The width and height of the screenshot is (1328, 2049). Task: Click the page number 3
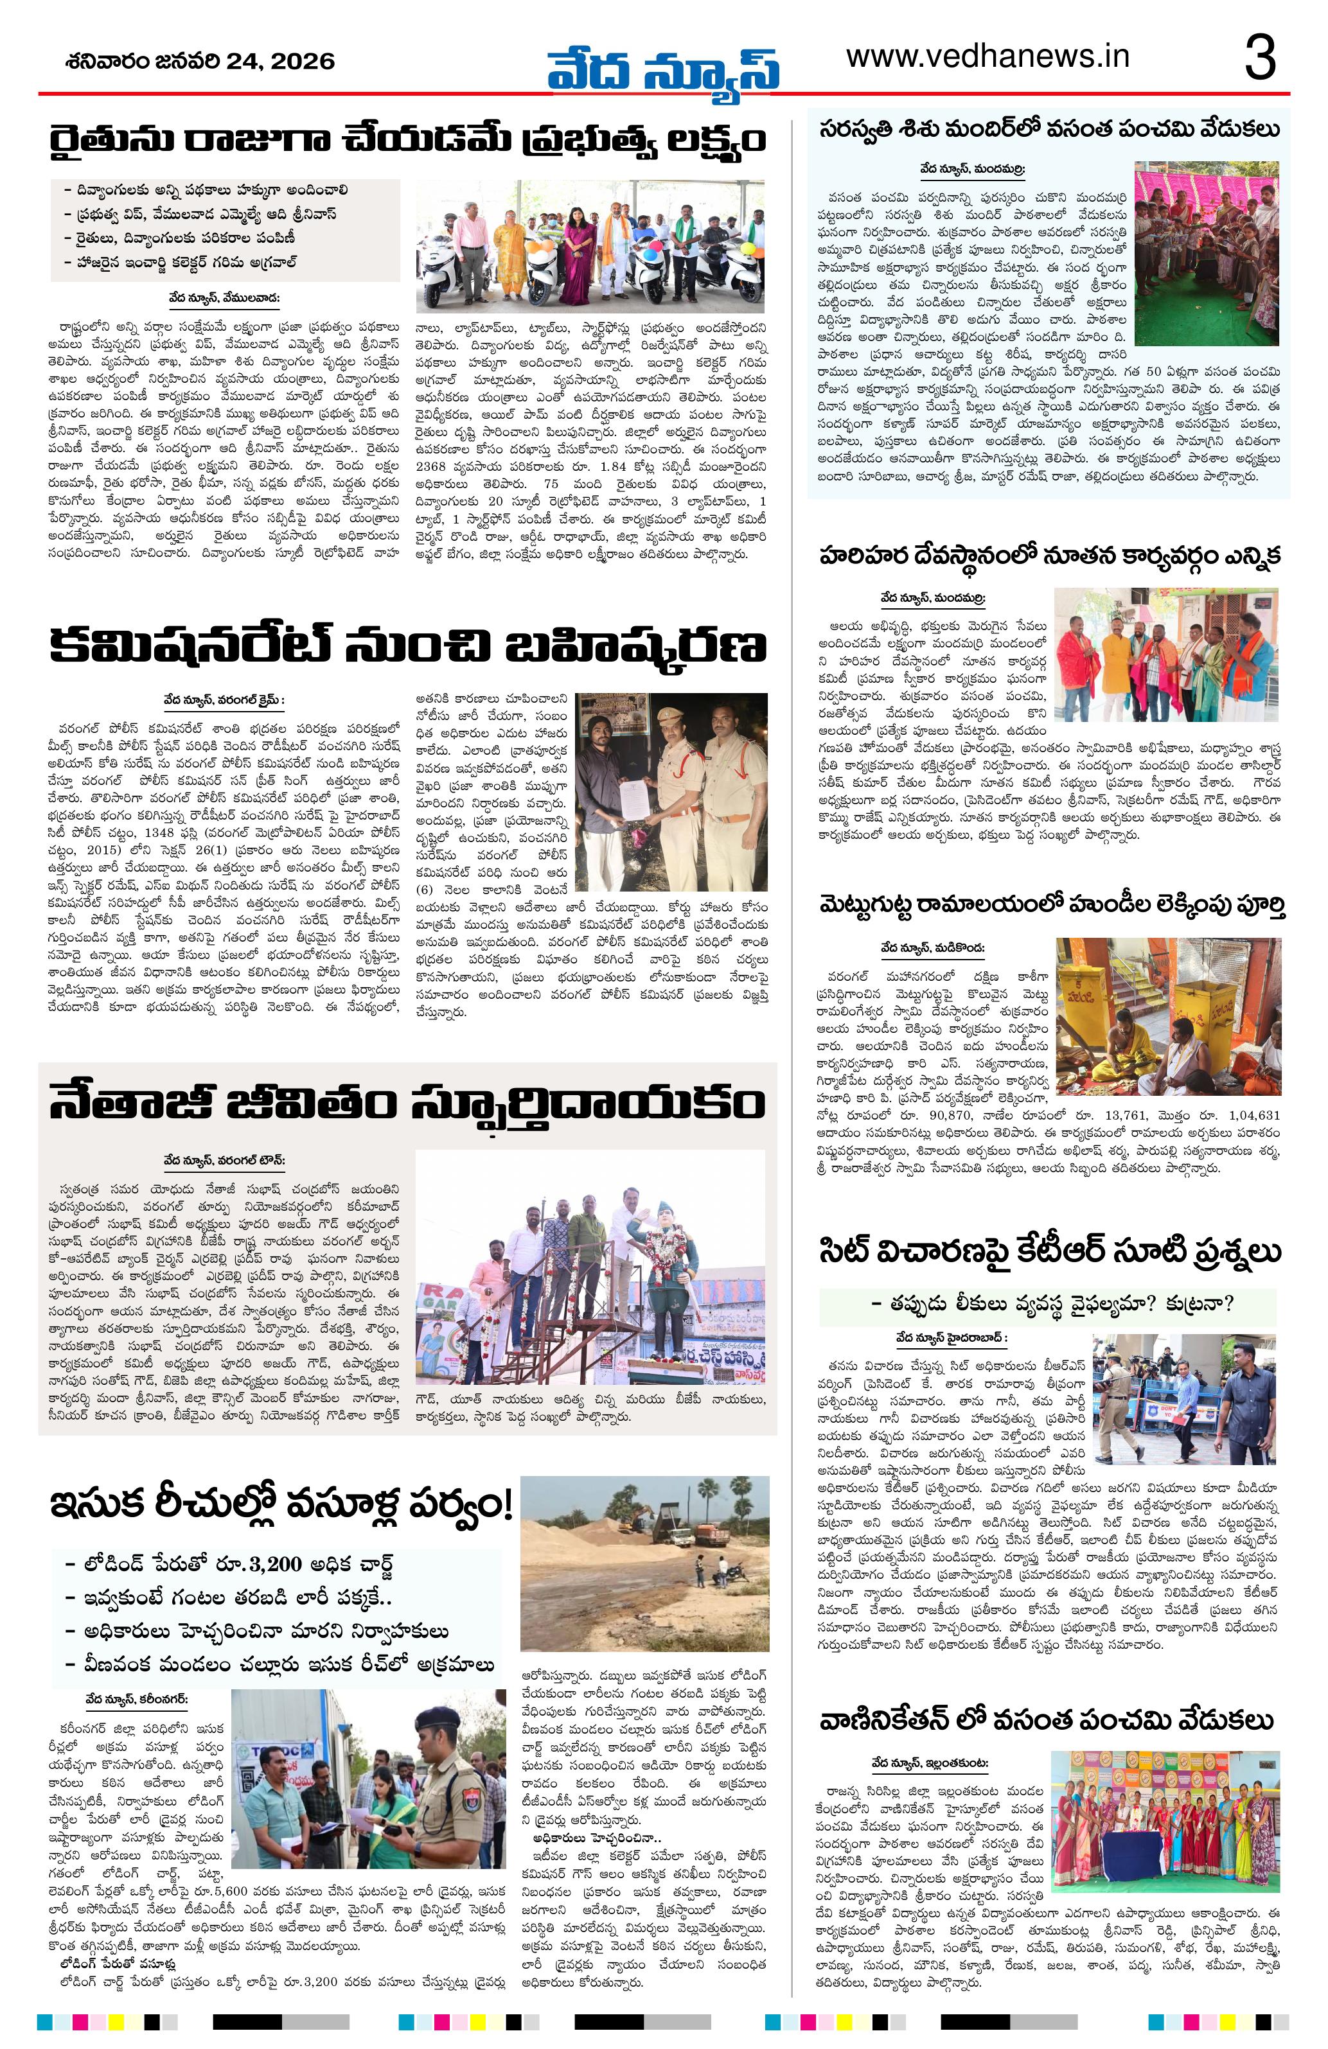[x=1261, y=58]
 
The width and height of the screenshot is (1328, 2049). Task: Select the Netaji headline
[x=407, y=1105]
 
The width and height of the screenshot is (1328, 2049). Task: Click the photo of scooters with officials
[x=590, y=247]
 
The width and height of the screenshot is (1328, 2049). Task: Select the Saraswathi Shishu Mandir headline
[x=1048, y=131]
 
